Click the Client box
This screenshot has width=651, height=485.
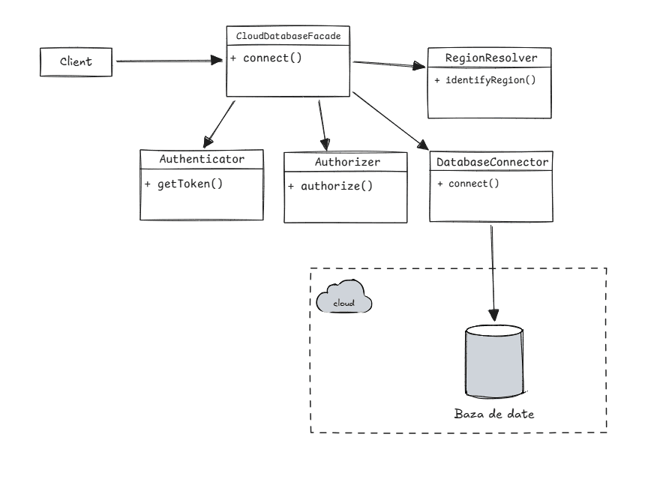click(x=76, y=61)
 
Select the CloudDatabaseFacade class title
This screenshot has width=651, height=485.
click(x=289, y=36)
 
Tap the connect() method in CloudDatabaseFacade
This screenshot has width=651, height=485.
click(x=266, y=58)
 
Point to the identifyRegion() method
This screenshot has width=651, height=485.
click(x=484, y=80)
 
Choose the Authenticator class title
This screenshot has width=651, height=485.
click(x=202, y=160)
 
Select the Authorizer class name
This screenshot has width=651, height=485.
click(x=346, y=162)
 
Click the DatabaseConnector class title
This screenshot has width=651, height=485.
click(x=492, y=160)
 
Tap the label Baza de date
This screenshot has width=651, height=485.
click(x=494, y=413)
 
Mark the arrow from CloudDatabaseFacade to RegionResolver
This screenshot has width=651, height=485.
click(x=390, y=66)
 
